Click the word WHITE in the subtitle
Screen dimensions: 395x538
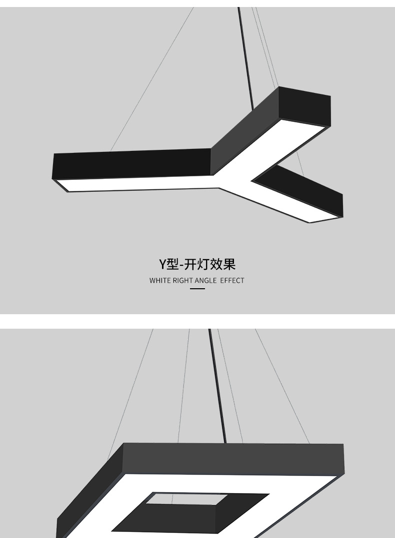(160, 281)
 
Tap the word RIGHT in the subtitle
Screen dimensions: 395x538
(183, 281)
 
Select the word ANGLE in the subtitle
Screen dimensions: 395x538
(205, 281)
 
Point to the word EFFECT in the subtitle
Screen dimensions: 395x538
(232, 281)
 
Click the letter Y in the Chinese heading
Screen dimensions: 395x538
(162, 263)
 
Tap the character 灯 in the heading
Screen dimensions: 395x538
(201, 263)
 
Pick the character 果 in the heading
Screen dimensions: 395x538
(229, 263)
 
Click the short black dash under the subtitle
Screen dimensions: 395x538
(197, 289)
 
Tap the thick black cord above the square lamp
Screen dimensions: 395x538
(218, 385)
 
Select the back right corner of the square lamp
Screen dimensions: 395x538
(343, 446)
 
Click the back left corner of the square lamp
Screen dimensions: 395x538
(123, 445)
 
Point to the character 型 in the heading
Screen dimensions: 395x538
(172, 263)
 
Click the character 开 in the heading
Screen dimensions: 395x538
(189, 263)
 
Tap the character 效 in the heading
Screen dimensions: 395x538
(215, 263)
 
